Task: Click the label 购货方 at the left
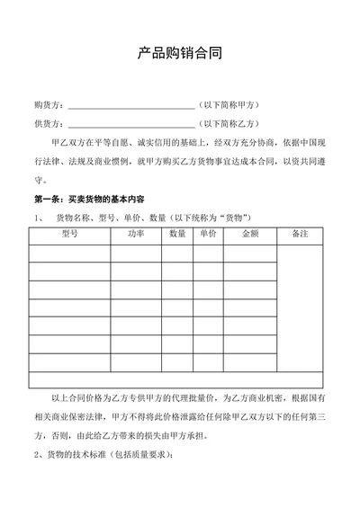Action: click(47, 104)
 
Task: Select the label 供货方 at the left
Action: click(47, 123)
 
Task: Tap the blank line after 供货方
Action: click(130, 125)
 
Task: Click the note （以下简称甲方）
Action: click(231, 104)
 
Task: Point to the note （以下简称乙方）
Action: click(231, 123)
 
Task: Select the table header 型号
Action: click(69, 235)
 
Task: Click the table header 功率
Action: click(135, 235)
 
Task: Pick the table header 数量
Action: click(177, 235)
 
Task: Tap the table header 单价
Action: click(208, 235)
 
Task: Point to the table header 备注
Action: click(301, 235)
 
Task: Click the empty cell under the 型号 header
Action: click(69, 253)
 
